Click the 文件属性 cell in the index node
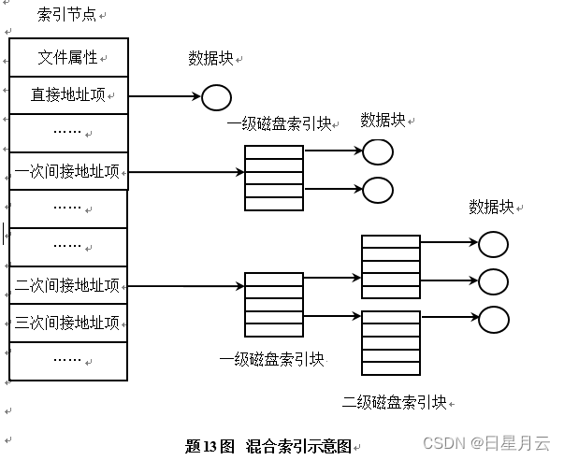pyautogui.click(x=67, y=57)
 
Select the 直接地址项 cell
pyautogui.click(x=67, y=95)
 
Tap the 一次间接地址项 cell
pyautogui.click(x=67, y=172)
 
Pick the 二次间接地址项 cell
pyautogui.click(x=67, y=285)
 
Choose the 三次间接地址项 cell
pyautogui.click(x=67, y=323)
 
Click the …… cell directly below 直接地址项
pyautogui.click(x=67, y=132)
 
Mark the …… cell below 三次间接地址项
pyautogui.click(x=67, y=360)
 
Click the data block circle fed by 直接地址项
pyautogui.click(x=216, y=96)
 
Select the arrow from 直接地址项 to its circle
pyautogui.click(x=164, y=96)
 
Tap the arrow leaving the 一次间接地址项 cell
pyautogui.click(x=185, y=172)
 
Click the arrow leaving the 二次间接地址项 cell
pyautogui.click(x=185, y=284)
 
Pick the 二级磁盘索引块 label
pyautogui.click(x=394, y=402)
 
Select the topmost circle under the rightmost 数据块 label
pyautogui.click(x=493, y=245)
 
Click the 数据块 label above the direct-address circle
pyautogui.click(x=210, y=58)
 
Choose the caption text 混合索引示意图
pyautogui.click(x=298, y=446)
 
